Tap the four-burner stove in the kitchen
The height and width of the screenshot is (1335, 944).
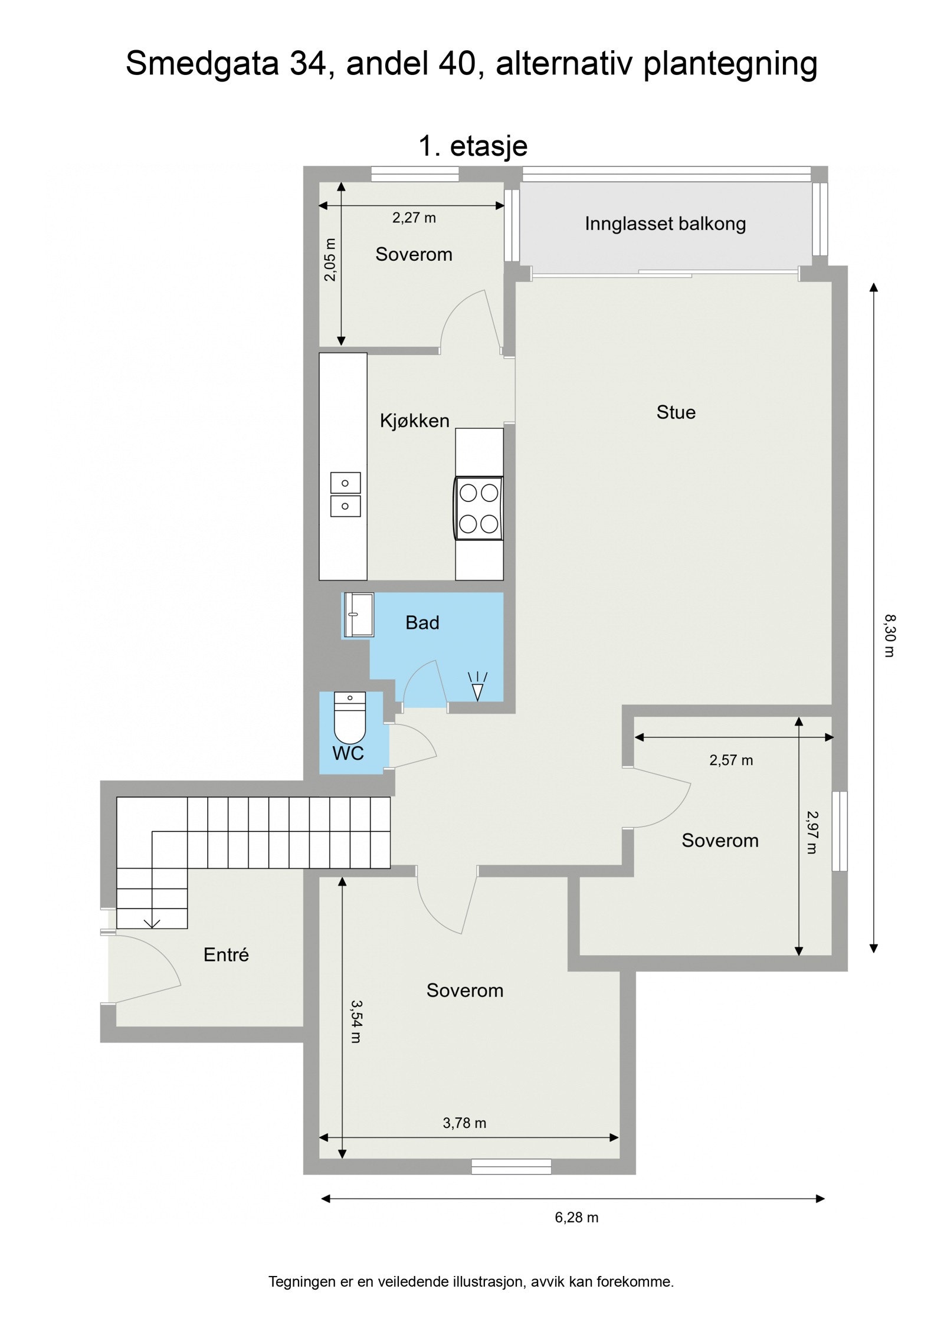pos(478,508)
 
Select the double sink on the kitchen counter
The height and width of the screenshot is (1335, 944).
pos(345,494)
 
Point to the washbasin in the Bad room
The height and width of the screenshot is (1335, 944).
pos(359,615)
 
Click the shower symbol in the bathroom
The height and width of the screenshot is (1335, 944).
pos(477,688)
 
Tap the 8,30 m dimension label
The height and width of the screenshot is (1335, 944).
pos(889,635)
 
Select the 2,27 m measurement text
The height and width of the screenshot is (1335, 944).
pos(414,218)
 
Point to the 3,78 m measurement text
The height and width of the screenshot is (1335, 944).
pos(464,1123)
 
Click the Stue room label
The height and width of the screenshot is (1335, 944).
pos(676,412)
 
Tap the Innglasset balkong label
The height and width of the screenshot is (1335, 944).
pos(665,224)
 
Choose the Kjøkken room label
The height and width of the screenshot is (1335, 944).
pos(414,421)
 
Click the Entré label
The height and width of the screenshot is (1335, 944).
pos(226,954)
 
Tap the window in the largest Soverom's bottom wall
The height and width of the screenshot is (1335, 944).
pos(511,1166)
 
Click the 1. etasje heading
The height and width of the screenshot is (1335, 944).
pos(473,146)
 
